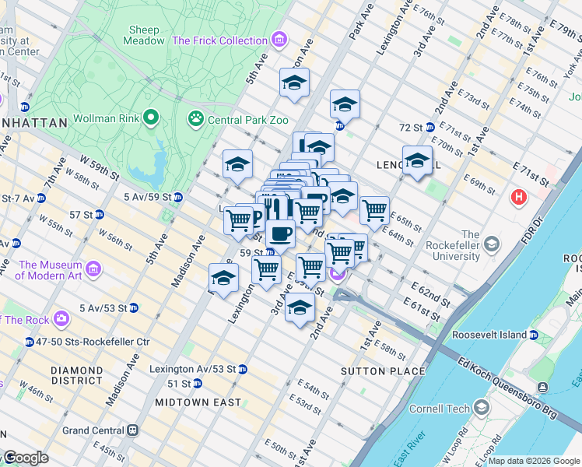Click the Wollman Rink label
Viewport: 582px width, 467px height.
pyautogui.click(x=105, y=119)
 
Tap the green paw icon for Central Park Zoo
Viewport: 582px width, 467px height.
pyautogui.click(x=194, y=120)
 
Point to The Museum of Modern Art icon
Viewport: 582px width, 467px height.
pyautogui.click(x=93, y=269)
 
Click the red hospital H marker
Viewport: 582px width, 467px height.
pyautogui.click(x=518, y=198)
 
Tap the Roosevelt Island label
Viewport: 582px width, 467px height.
pyautogui.click(x=491, y=335)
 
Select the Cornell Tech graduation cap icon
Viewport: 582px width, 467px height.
pyautogui.click(x=482, y=408)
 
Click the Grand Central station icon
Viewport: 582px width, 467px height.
pyautogui.click(x=133, y=430)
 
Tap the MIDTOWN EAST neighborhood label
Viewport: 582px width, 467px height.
pyautogui.click(x=191, y=402)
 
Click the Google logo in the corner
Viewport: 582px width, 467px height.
pyautogui.click(x=25, y=458)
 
